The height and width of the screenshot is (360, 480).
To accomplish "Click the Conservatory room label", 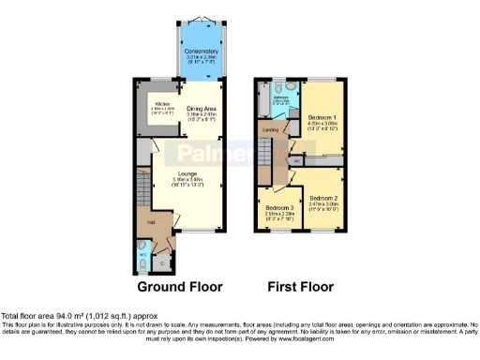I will point(201,52).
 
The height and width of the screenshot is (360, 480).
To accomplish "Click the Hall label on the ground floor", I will point(150,222).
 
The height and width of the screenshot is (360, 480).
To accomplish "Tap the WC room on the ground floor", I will point(142,250).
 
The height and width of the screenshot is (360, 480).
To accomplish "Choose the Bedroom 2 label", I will point(323,198).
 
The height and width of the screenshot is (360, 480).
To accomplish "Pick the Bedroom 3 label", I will point(278,207).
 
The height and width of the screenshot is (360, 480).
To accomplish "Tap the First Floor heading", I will point(299,286).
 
